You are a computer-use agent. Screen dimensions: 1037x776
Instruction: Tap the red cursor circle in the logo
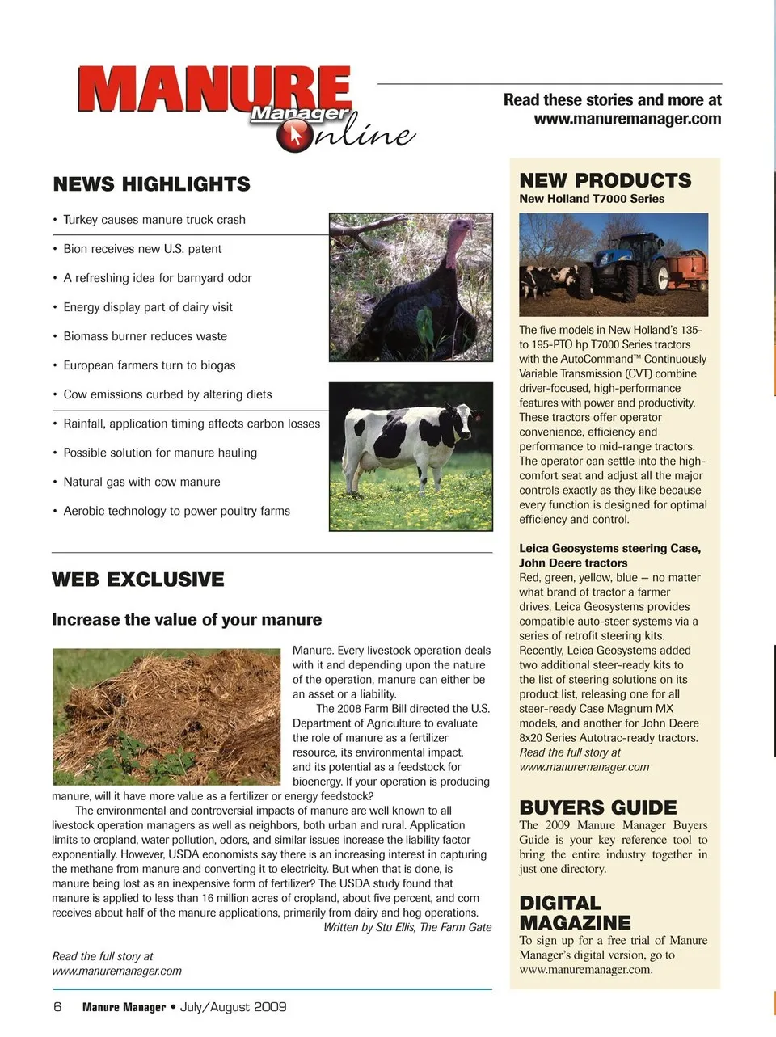click(293, 136)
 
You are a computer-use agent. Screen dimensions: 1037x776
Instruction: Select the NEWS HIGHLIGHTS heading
click(151, 184)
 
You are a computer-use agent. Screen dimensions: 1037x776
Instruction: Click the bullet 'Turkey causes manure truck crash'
click(154, 220)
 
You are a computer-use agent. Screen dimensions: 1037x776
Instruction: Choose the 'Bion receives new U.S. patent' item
click(141, 249)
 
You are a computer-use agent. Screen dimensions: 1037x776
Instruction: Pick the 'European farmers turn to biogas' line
click(149, 365)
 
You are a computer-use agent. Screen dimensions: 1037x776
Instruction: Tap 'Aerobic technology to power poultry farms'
click(176, 511)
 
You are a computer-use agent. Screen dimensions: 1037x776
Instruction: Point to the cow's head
click(462, 418)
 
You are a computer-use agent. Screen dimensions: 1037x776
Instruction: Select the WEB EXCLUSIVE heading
click(138, 580)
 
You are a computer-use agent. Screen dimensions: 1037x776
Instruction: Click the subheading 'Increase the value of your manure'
click(187, 620)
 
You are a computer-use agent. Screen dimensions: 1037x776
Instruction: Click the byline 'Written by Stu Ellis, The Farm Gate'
click(407, 927)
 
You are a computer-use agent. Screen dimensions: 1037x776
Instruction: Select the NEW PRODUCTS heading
click(605, 180)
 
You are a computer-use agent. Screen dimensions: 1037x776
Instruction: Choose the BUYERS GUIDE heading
click(598, 807)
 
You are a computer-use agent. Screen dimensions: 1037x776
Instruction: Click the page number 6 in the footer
click(57, 1007)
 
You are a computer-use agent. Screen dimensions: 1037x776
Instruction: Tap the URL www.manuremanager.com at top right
click(627, 119)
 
